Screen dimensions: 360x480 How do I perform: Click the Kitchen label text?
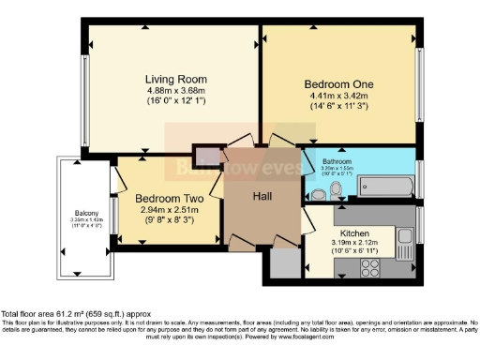(x=353, y=232)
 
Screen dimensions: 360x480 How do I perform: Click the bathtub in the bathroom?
(x=384, y=186)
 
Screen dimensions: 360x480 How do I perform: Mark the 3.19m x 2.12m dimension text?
(x=353, y=243)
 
